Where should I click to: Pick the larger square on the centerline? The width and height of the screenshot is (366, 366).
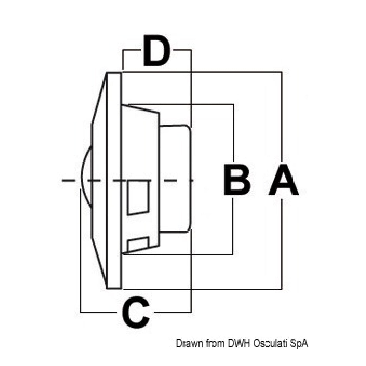(138, 198)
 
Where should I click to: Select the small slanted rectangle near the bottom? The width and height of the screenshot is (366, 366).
(138, 244)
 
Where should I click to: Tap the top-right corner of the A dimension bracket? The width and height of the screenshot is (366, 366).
(282, 72)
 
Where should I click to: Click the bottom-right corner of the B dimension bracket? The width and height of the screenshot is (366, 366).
(233, 254)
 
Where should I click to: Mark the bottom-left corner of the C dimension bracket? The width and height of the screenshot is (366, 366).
(80, 312)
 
